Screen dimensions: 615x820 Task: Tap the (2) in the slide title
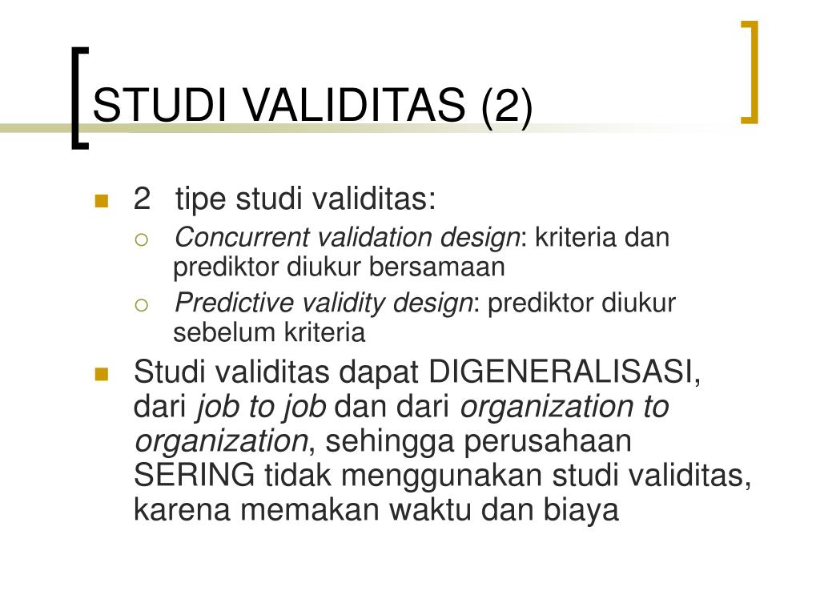tap(505, 106)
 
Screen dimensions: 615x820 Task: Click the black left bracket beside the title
tap(75, 96)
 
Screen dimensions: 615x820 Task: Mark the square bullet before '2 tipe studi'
tap(101, 200)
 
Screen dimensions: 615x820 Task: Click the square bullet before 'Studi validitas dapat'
tap(101, 374)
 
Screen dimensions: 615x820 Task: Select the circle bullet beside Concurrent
tap(141, 239)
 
